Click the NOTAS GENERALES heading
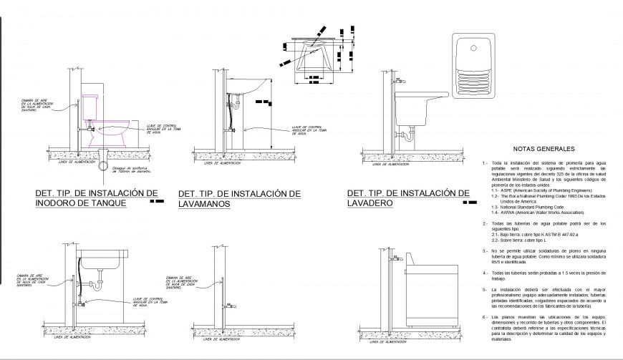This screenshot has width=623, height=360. [x=544, y=149]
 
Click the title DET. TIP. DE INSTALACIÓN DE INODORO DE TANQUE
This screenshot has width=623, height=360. [x=97, y=198]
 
